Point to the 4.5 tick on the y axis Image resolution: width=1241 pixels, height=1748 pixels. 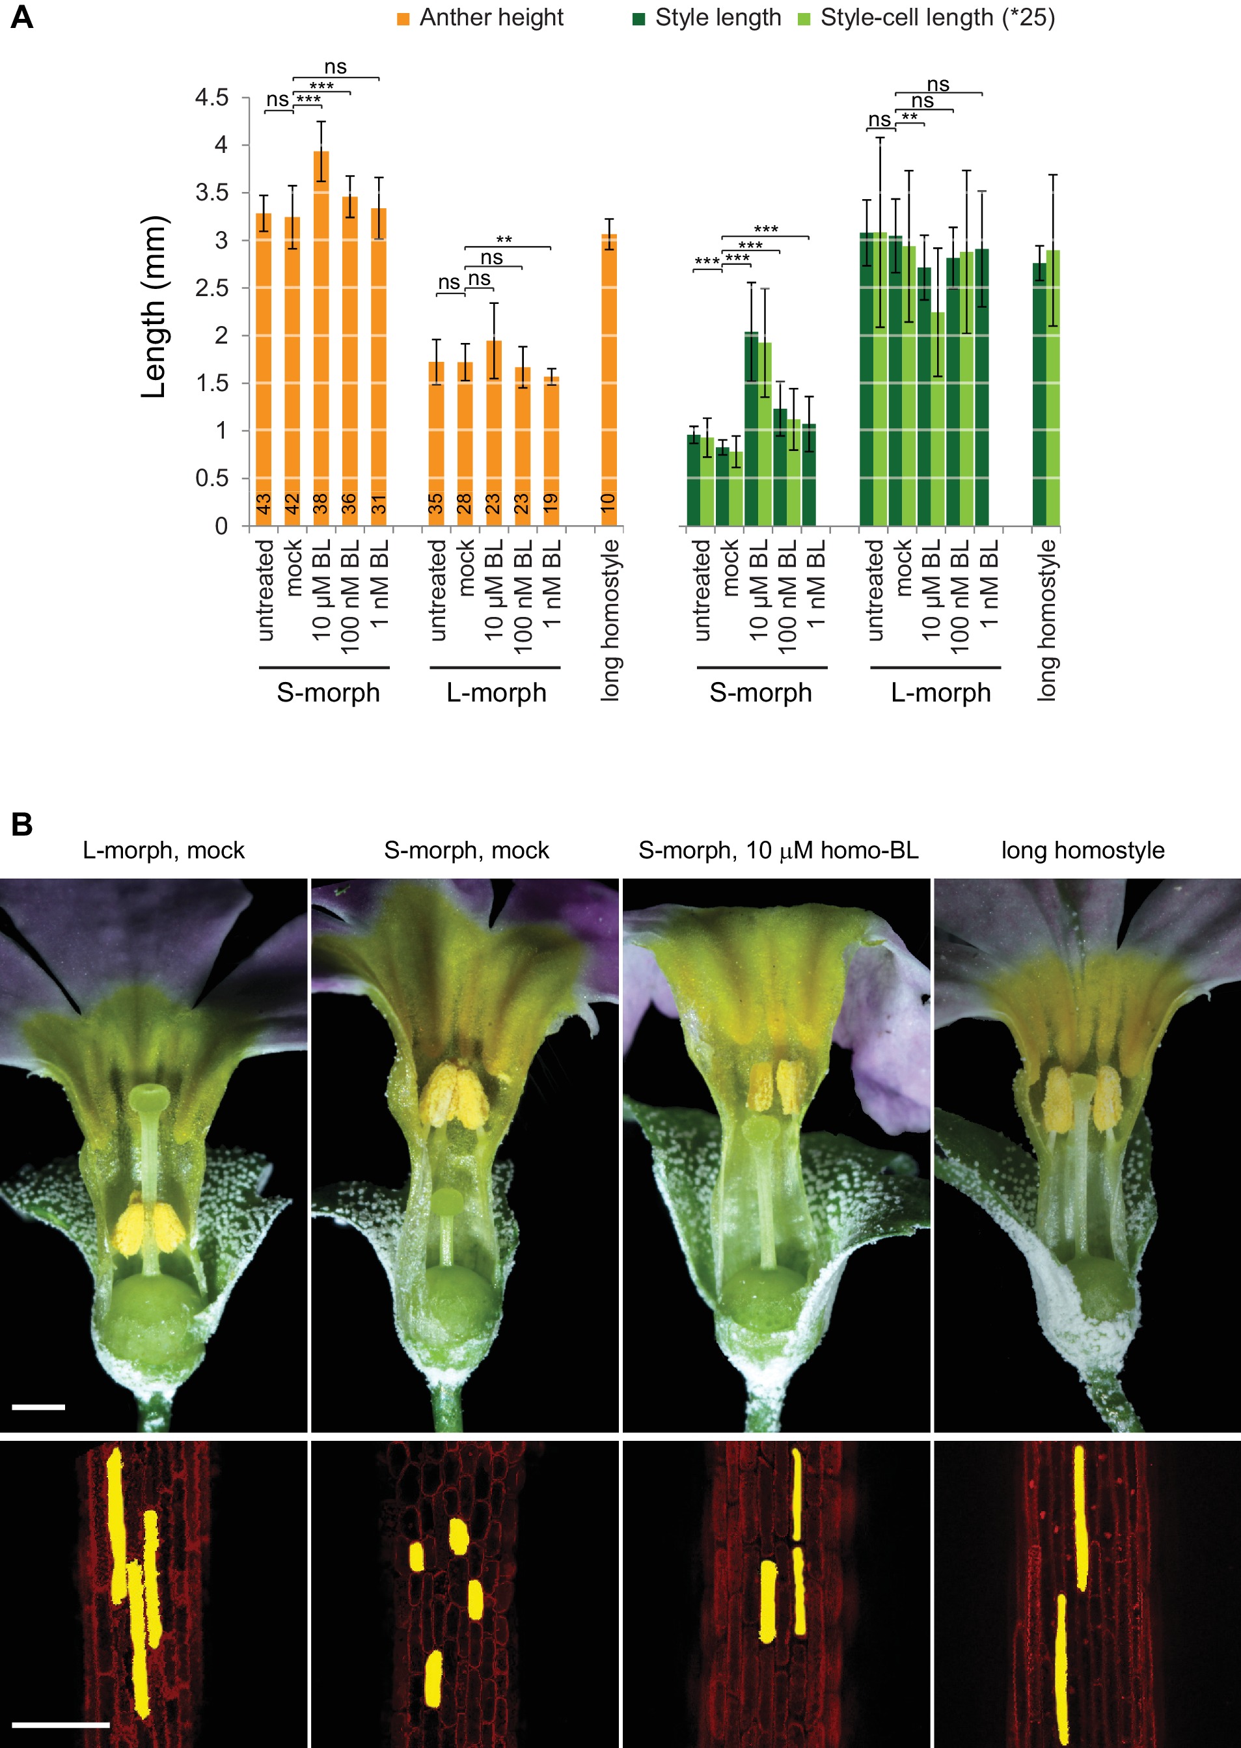coord(211,98)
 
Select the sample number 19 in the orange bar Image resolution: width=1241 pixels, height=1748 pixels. coord(550,502)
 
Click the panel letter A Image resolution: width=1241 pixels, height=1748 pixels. coord(21,17)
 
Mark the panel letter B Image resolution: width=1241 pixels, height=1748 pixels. coord(21,825)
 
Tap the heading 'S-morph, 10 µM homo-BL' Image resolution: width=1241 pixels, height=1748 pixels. coord(778,851)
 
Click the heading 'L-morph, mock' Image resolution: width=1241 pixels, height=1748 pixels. coord(163,851)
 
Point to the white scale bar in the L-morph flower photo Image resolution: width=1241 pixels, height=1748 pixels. coord(38,1406)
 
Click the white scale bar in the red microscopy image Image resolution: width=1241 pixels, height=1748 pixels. coord(61,1725)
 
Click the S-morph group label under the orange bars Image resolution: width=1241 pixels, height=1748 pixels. coord(328,692)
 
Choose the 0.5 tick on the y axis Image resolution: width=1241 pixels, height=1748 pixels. coord(211,478)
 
